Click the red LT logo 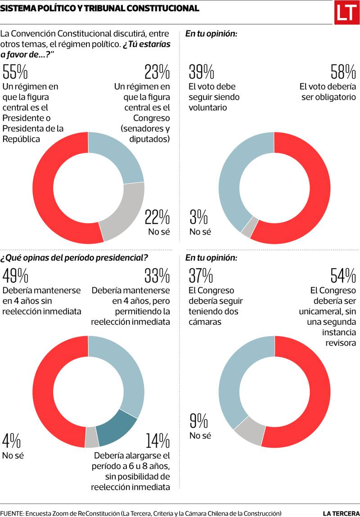point(346,13)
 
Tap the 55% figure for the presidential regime point(15,72)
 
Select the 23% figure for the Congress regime point(157,72)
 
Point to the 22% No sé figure point(157,218)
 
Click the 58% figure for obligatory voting point(343,72)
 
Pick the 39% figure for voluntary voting point(202,72)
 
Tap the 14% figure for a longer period point(157,441)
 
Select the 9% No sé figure point(198,421)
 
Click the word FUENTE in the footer point(12,513)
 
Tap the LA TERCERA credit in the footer point(341,513)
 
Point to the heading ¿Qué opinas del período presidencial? point(74,258)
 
